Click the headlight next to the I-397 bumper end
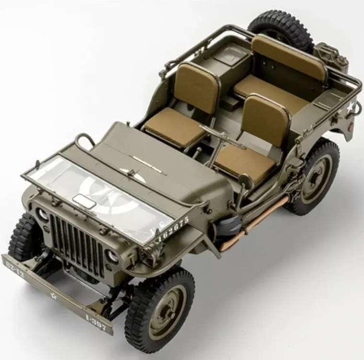[113, 256]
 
